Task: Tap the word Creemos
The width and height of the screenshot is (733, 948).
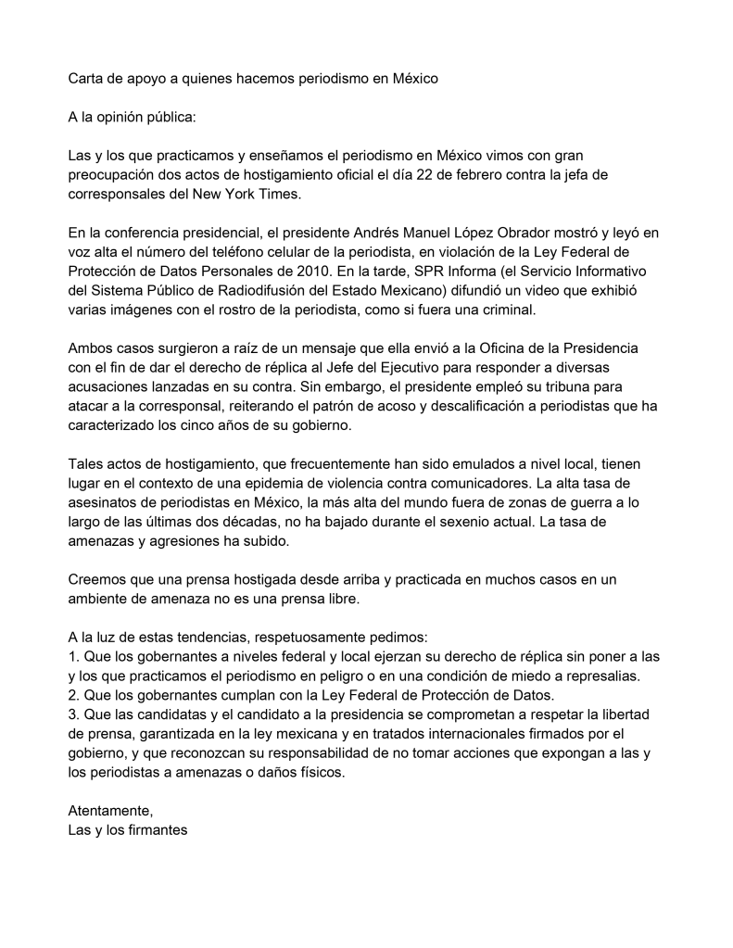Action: [97, 579]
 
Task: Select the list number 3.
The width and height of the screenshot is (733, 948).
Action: [73, 715]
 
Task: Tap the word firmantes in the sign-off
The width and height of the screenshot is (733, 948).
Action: [157, 831]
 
